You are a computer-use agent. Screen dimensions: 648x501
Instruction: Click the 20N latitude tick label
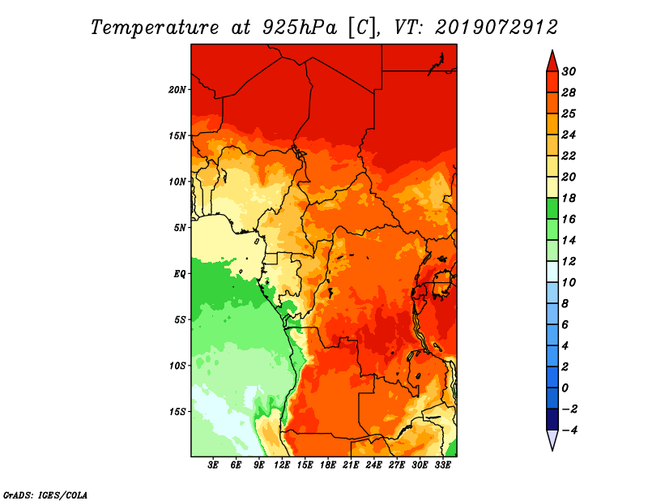point(177,89)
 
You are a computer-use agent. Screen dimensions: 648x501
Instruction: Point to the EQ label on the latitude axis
point(179,273)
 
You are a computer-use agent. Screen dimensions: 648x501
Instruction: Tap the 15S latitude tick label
point(177,412)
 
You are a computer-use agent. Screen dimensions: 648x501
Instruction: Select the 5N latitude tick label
point(180,228)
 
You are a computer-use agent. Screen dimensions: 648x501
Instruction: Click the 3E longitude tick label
point(213,465)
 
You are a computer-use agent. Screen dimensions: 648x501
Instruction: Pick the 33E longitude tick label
point(442,465)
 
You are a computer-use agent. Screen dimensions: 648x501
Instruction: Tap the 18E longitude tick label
point(328,465)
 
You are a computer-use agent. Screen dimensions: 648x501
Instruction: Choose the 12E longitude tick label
point(282,465)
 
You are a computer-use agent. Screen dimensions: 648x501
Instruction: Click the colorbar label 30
point(569,71)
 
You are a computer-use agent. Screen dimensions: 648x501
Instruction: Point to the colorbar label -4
point(569,430)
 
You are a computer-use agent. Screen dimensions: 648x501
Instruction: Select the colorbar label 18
point(569,198)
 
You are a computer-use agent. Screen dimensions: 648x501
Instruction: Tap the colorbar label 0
point(565,388)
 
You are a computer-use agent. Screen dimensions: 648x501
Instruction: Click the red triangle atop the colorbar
point(552,62)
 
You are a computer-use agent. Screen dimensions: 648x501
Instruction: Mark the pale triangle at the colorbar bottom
point(552,439)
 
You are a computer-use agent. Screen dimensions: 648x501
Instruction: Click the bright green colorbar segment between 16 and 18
point(552,208)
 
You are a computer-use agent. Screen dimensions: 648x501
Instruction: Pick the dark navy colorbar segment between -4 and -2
point(552,419)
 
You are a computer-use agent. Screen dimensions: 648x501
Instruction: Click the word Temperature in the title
point(155,28)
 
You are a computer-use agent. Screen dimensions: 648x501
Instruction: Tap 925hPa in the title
point(300,28)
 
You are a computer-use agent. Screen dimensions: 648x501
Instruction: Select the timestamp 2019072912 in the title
point(497,28)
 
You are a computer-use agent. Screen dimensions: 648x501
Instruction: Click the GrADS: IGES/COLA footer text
point(45,495)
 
